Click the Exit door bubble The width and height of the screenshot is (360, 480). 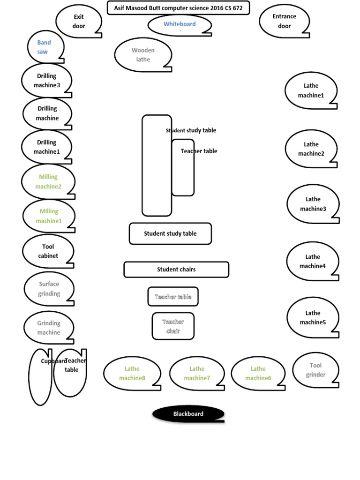(79, 21)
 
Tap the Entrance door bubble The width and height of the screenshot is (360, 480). (284, 21)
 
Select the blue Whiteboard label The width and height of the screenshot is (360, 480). (180, 24)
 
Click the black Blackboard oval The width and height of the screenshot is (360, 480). (188, 414)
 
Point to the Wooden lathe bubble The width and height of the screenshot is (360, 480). (143, 55)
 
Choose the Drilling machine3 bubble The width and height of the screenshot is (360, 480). (46, 81)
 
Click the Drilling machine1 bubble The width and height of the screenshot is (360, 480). (46, 147)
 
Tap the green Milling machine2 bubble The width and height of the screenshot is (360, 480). (48, 182)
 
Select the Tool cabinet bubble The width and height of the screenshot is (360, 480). (48, 251)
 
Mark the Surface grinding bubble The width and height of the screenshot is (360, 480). (49, 289)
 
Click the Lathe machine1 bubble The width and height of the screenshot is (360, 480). (311, 90)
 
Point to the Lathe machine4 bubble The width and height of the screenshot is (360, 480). (313, 262)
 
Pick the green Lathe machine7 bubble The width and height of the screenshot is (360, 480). (197, 374)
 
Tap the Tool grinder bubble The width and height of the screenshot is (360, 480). (315, 370)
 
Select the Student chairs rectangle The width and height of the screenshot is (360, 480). (176, 270)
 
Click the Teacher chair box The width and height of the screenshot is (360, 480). (173, 326)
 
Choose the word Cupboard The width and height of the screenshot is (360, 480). (53, 361)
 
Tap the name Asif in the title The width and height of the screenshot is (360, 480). (120, 8)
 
